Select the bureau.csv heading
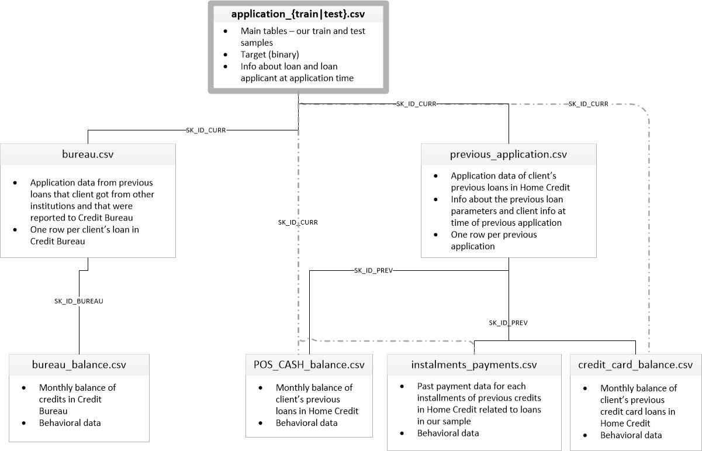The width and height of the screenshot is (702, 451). pyautogui.click(x=88, y=155)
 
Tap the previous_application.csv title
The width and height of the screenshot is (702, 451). pyautogui.click(x=508, y=154)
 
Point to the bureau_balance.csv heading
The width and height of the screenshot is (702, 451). pyautogui.click(x=79, y=366)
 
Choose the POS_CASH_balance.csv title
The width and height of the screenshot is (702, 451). pyautogui.click(x=309, y=365)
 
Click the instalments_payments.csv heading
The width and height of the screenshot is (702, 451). pyautogui.click(x=473, y=365)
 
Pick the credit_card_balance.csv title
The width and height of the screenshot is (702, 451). pyautogui.click(x=635, y=365)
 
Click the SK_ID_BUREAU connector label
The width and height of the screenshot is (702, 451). pyautogui.click(x=79, y=301)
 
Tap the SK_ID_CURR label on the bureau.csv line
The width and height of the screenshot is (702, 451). pyautogui.click(x=206, y=130)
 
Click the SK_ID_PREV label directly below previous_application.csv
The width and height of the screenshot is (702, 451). pyautogui.click(x=508, y=322)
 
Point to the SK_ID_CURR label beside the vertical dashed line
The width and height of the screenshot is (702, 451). pyautogui.click(x=298, y=222)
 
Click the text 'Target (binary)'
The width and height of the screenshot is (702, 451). pyautogui.click(x=269, y=54)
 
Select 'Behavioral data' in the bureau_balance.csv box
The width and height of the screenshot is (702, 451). pyautogui.click(x=70, y=422)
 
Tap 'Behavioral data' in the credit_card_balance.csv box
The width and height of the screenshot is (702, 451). pyautogui.click(x=631, y=435)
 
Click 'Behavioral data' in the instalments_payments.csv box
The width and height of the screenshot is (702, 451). pyautogui.click(x=448, y=433)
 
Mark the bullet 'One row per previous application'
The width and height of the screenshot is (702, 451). pyautogui.click(x=493, y=240)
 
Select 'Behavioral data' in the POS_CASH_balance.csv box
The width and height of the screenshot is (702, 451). pyautogui.click(x=306, y=422)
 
